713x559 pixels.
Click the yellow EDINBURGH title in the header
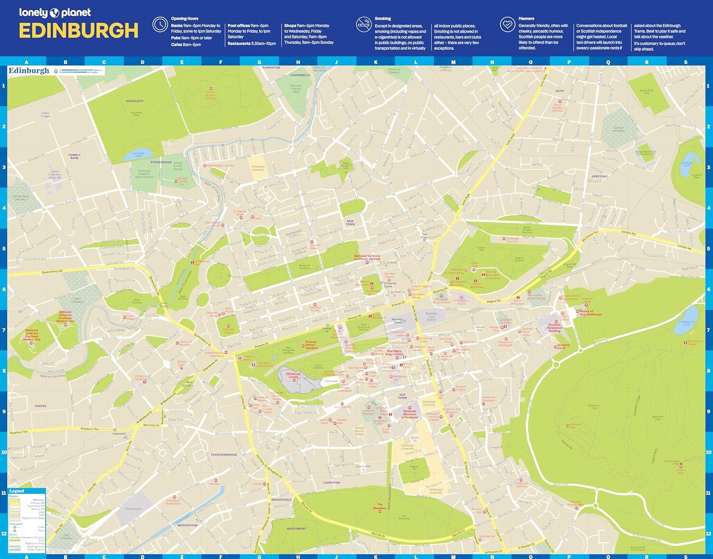78,31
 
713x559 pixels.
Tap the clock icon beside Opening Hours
160,24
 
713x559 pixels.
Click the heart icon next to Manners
507,24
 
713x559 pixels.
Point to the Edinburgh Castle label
293,375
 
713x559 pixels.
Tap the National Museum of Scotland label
409,414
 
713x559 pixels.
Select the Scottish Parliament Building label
554,328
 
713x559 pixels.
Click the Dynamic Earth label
563,346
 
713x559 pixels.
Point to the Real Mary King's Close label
394,353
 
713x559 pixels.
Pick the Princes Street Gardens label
311,345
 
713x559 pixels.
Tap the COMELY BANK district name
75,156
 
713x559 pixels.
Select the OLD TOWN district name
402,396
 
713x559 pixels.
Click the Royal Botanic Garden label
211,95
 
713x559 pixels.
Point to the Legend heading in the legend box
17,491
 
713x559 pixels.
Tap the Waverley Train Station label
431,317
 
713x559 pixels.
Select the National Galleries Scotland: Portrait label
367,257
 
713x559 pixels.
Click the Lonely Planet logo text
55,13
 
